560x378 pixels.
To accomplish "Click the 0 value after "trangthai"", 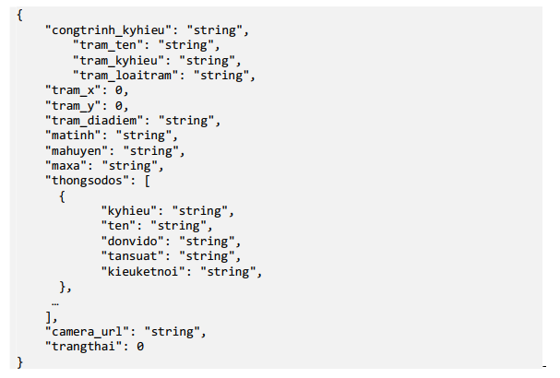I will coord(141,346).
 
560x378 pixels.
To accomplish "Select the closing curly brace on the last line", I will coord(19,361).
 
